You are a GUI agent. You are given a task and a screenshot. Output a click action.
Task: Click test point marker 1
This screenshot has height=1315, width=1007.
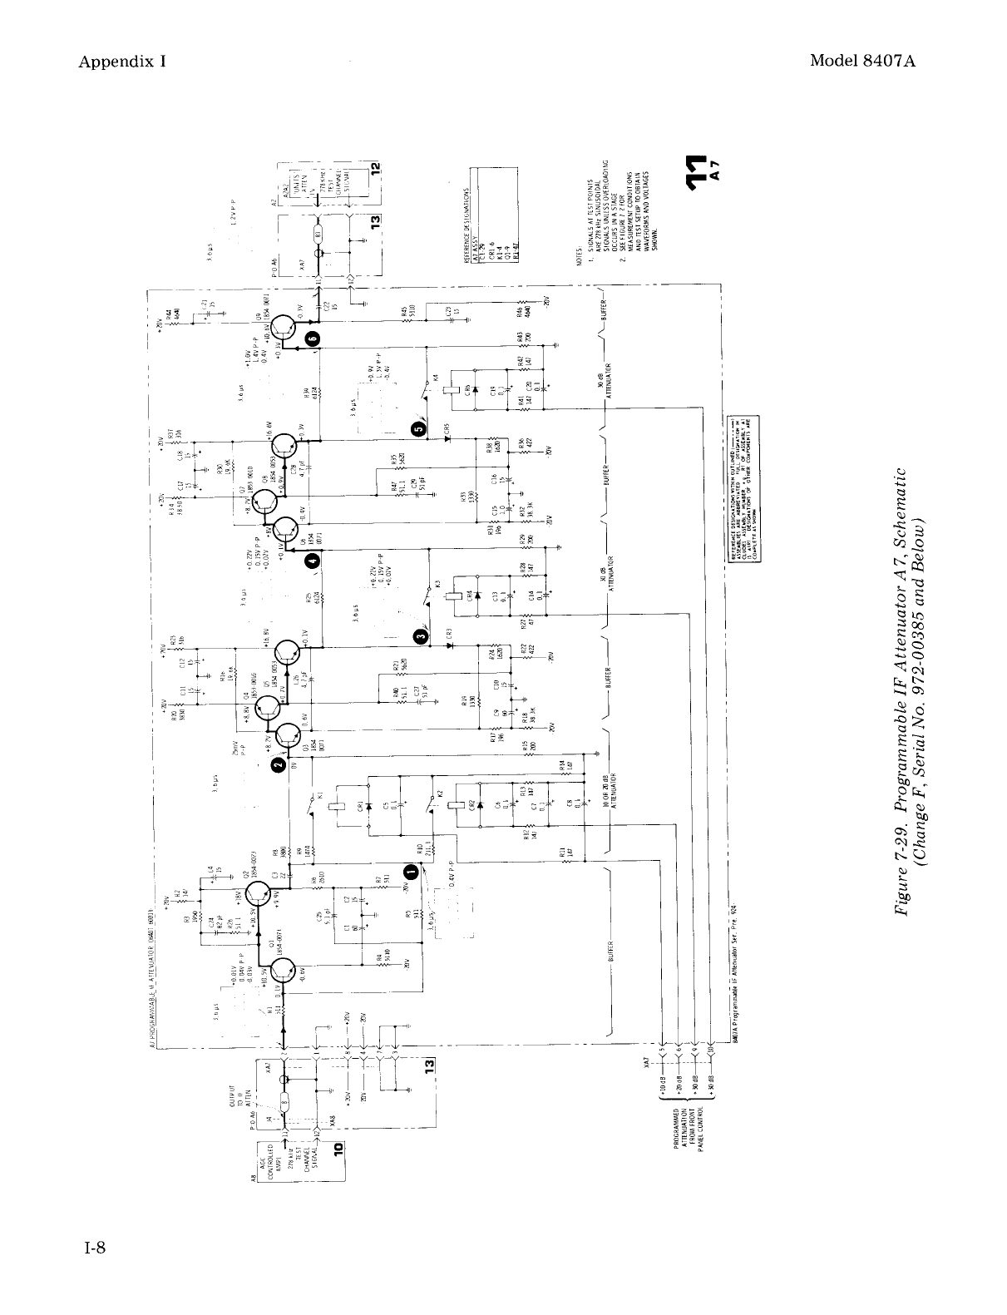point(410,871)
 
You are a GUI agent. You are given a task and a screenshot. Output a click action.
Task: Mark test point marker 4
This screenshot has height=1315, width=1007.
point(312,561)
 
